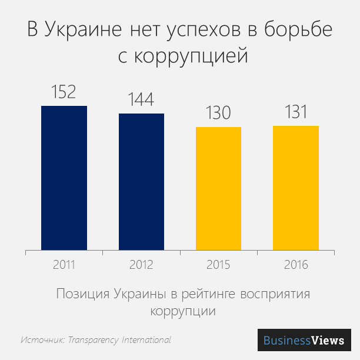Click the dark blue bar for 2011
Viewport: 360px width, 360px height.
click(x=64, y=178)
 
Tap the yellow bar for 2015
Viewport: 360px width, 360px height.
click(x=218, y=188)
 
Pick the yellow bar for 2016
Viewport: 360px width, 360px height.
click(x=296, y=188)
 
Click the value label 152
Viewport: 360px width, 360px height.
click(x=64, y=92)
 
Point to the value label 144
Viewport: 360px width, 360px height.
click(x=141, y=99)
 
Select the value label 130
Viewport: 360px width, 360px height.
click(x=218, y=113)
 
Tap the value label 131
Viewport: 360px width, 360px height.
click(x=296, y=112)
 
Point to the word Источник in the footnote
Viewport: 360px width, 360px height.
click(x=42, y=340)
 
